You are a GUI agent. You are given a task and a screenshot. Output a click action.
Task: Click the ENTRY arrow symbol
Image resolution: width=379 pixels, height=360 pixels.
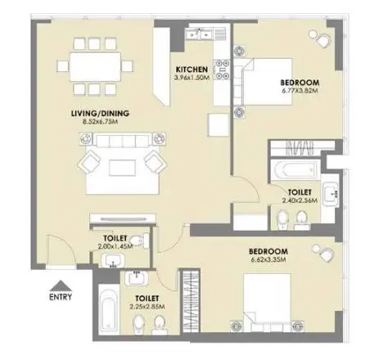(x=61, y=286)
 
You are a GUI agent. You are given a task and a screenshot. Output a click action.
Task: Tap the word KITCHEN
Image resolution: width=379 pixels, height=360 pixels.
(x=192, y=70)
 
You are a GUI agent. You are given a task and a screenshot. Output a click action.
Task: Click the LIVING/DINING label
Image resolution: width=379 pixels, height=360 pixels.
(x=100, y=113)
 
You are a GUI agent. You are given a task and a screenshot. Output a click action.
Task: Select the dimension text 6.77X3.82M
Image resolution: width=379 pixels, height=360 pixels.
(x=300, y=91)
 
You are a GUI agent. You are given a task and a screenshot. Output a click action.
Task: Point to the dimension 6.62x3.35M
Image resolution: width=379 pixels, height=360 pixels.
(x=268, y=259)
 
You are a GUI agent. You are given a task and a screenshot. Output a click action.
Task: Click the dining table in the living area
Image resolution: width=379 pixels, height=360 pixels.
(x=95, y=67)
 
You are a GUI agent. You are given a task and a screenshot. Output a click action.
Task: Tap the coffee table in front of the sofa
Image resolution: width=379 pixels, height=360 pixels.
(x=122, y=168)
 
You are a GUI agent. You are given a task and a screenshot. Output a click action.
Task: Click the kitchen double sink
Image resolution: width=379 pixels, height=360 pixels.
(x=199, y=34)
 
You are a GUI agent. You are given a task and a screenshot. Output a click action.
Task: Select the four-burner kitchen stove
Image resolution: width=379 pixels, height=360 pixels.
(x=222, y=70)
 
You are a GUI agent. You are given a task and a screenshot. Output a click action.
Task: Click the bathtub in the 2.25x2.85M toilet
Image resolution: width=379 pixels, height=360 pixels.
(x=109, y=309)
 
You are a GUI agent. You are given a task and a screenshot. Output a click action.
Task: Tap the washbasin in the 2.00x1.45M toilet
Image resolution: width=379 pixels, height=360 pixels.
(x=113, y=260)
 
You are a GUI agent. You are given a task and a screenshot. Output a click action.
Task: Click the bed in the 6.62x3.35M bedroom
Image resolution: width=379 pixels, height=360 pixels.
(x=267, y=299)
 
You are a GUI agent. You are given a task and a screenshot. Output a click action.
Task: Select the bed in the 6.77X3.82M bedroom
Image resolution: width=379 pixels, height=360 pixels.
(x=268, y=82)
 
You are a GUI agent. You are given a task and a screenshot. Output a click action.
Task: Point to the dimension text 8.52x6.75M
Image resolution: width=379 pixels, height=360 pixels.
(x=100, y=122)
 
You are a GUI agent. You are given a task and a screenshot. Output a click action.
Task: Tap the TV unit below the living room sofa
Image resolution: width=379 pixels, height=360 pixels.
(x=123, y=218)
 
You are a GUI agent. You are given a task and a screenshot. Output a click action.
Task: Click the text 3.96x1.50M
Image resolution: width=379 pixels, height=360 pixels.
(x=192, y=78)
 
